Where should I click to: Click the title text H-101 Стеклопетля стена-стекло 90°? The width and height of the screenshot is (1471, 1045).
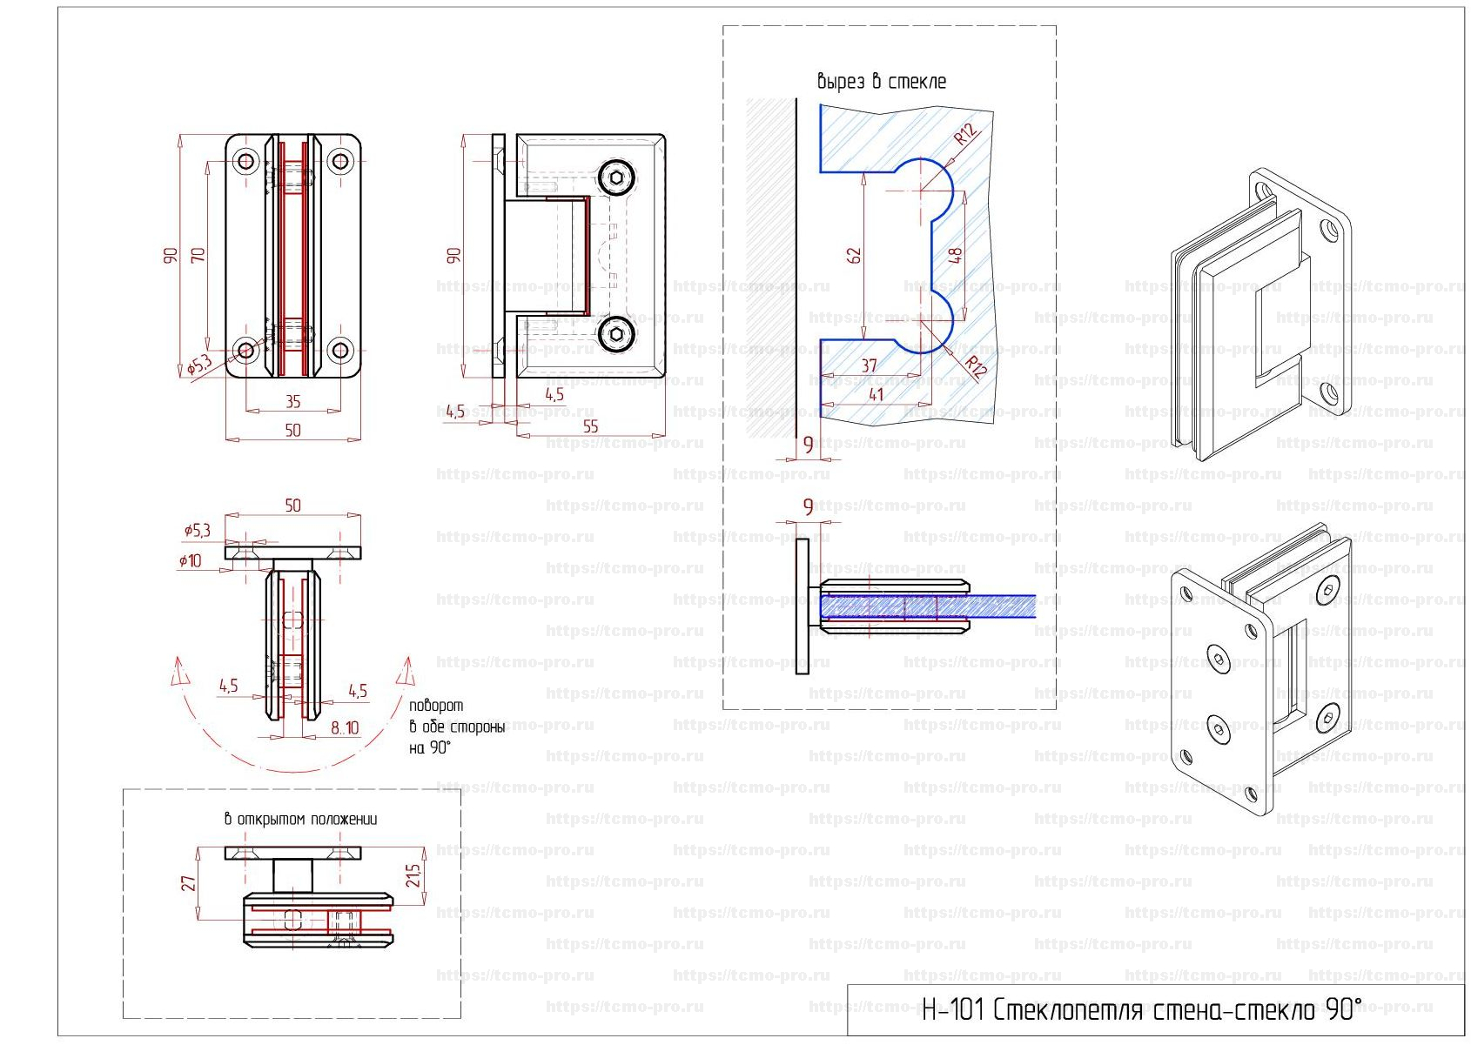pyautogui.click(x=1140, y=1009)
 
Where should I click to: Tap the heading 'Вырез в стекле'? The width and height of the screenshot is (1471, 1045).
pyautogui.click(x=881, y=82)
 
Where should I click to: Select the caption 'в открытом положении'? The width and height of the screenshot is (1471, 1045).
pyautogui.click(x=300, y=819)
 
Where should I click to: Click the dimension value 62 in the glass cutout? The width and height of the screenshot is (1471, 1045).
pyautogui.click(x=854, y=255)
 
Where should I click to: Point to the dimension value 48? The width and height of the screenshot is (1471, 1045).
pyautogui.click(x=955, y=255)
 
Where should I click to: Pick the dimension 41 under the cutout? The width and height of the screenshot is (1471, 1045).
pyautogui.click(x=876, y=394)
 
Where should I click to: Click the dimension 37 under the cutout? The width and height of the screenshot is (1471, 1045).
pyautogui.click(x=869, y=365)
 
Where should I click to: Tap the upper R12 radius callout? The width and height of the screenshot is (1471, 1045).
pyautogui.click(x=965, y=135)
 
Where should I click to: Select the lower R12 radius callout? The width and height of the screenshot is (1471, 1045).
pyautogui.click(x=976, y=368)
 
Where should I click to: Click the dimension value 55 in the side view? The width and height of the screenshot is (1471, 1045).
pyautogui.click(x=590, y=426)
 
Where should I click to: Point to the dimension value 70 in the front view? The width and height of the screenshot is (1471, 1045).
pyautogui.click(x=198, y=255)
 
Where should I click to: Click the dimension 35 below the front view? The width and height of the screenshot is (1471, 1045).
pyautogui.click(x=292, y=401)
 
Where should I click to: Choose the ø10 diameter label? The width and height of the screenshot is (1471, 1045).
pyautogui.click(x=190, y=561)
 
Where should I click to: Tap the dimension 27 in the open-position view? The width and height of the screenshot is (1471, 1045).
pyautogui.click(x=188, y=883)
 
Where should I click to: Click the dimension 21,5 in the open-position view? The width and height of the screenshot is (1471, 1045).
pyautogui.click(x=413, y=874)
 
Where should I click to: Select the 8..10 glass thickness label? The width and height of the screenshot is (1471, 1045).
pyautogui.click(x=345, y=727)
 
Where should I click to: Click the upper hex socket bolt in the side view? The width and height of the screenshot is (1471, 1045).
pyautogui.click(x=617, y=178)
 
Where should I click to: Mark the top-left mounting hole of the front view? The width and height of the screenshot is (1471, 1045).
pyautogui.click(x=246, y=161)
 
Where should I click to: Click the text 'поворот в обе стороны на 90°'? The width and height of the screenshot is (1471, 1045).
pyautogui.click(x=456, y=727)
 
